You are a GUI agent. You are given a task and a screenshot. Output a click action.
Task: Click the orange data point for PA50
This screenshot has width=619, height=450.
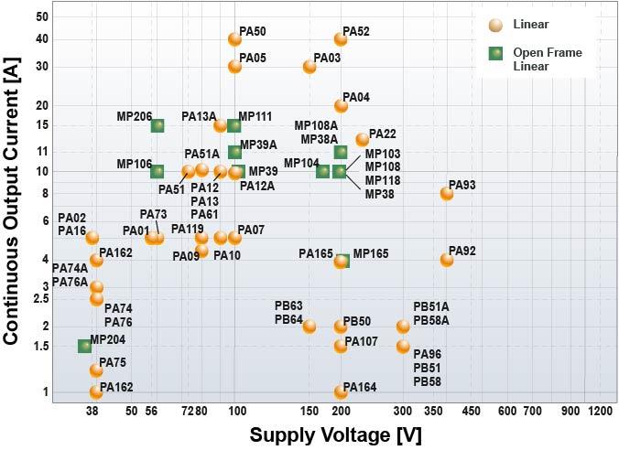point(234,39)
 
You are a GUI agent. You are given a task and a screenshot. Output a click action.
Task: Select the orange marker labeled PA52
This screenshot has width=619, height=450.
point(341,39)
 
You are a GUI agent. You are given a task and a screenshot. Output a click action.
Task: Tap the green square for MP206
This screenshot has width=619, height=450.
point(157,125)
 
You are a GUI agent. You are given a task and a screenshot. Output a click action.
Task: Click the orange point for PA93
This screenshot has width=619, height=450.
point(447,193)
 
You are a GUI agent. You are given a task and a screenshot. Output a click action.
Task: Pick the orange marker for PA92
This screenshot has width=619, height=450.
point(447,260)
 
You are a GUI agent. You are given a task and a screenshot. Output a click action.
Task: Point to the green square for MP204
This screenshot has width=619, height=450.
point(84,346)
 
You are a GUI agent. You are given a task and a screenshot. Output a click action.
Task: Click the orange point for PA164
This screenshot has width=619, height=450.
point(341,391)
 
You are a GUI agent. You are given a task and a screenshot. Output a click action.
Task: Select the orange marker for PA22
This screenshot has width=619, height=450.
point(363,139)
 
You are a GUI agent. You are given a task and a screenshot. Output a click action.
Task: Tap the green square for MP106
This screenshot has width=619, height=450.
point(157,171)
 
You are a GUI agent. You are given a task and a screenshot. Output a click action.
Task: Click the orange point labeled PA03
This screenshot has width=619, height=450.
point(309,67)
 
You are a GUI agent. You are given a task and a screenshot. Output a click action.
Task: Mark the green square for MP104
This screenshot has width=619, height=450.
point(322,171)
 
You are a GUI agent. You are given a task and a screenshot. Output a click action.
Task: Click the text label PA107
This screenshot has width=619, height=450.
point(362,341)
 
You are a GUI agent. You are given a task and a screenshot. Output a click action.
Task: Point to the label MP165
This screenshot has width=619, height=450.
point(371,253)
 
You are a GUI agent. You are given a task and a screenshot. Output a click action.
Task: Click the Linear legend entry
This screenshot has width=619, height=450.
point(531,25)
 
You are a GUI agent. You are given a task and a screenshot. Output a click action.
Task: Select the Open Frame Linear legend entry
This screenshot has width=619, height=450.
point(547,59)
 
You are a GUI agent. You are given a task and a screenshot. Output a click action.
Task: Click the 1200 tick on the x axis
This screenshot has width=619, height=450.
point(601,411)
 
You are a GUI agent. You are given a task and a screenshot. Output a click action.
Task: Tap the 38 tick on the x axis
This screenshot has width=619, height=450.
point(92,411)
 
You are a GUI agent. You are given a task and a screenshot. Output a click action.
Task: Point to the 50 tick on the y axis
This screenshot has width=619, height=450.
point(42,16)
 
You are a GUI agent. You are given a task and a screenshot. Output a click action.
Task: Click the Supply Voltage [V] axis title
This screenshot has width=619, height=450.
point(335,435)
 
